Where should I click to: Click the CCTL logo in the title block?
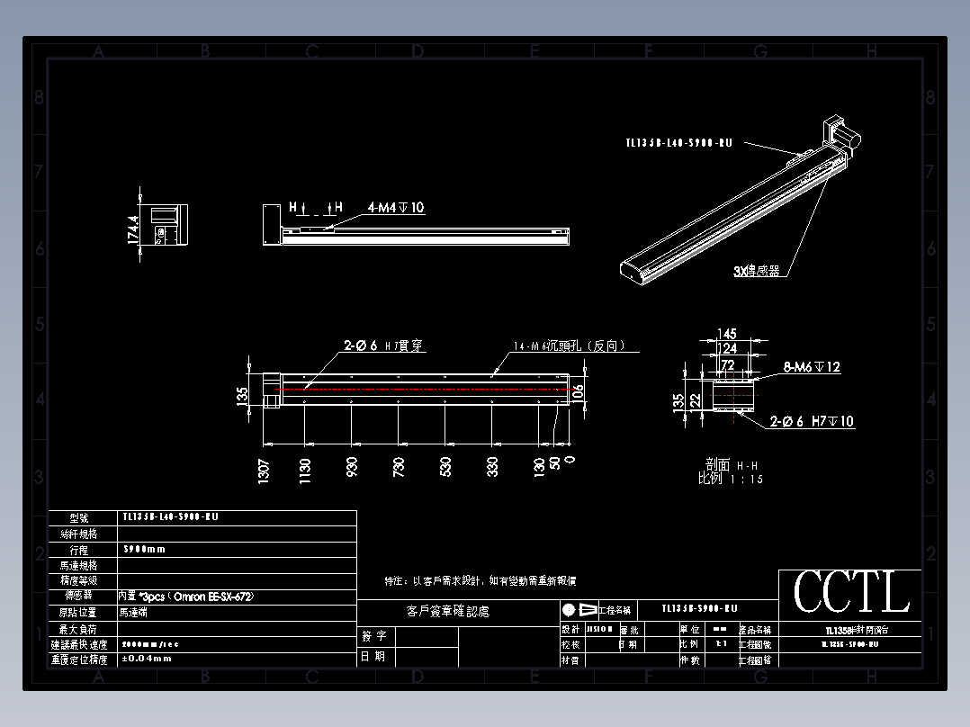[x=850, y=592]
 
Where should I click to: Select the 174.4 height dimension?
[x=133, y=229]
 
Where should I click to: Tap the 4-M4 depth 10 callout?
[x=395, y=208]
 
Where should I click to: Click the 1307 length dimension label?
[x=264, y=471]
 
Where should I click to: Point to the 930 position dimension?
[x=352, y=466]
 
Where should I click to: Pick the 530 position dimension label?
[x=445, y=466]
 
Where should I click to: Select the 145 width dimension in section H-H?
[x=727, y=335]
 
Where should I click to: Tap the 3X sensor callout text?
[x=756, y=270]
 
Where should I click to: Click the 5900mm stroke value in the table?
[x=144, y=549]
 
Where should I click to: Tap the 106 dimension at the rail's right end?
[x=578, y=390]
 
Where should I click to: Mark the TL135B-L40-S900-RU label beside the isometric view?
[x=678, y=142]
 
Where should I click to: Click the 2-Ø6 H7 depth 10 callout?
[x=812, y=421]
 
